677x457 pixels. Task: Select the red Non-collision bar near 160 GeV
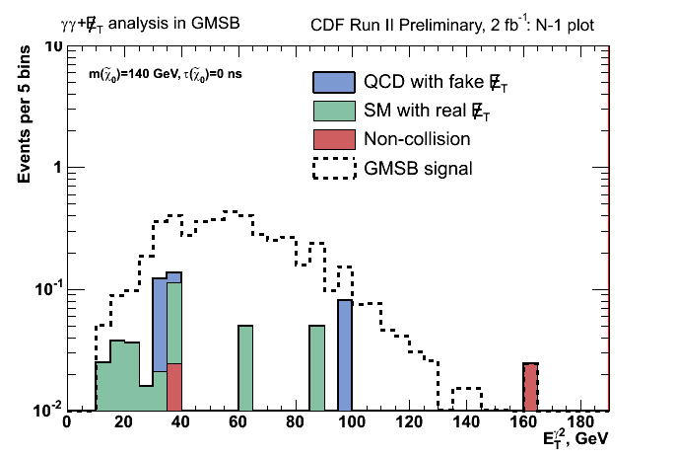tap(530, 387)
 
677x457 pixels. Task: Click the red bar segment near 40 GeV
tap(175, 387)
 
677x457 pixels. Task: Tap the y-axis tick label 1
tap(56, 167)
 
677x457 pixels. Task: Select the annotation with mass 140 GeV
tap(166, 75)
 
